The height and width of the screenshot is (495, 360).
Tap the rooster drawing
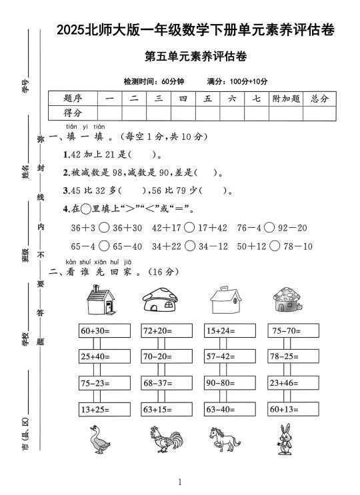click(163, 440)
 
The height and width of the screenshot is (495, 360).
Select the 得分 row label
click(73, 113)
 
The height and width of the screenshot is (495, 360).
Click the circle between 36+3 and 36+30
click(106, 229)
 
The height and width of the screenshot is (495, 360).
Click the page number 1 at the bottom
click(180, 481)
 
